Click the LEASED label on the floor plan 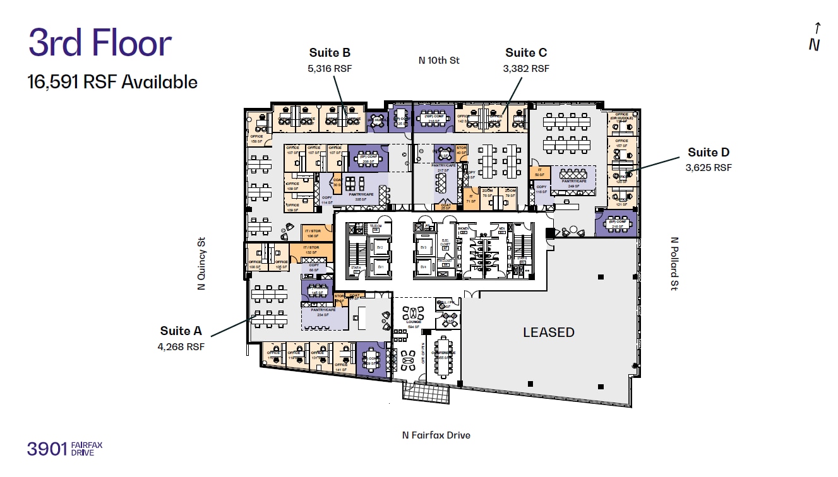click(548, 333)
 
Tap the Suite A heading click(181, 331)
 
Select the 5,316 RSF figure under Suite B click(330, 68)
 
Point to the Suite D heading click(709, 152)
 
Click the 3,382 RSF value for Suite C click(526, 68)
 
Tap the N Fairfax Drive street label click(436, 435)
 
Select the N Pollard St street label click(674, 264)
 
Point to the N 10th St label click(440, 61)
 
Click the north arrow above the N click(817, 28)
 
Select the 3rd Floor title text click(100, 44)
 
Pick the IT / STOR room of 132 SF click(311, 250)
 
